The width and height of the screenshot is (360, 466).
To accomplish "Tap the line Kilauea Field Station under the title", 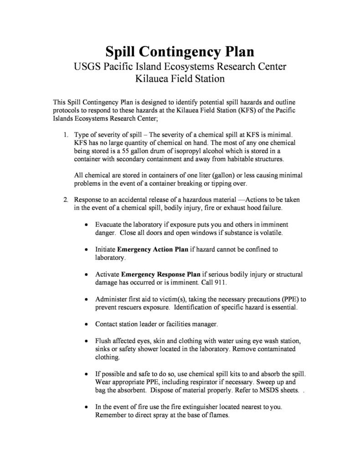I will click(180, 79).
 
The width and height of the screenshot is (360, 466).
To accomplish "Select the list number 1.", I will click(66, 135).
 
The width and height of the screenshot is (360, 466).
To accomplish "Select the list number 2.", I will click(66, 200).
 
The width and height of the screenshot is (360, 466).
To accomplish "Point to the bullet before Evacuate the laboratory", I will click(87, 225).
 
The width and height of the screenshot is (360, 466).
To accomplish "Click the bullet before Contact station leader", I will click(87, 324).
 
